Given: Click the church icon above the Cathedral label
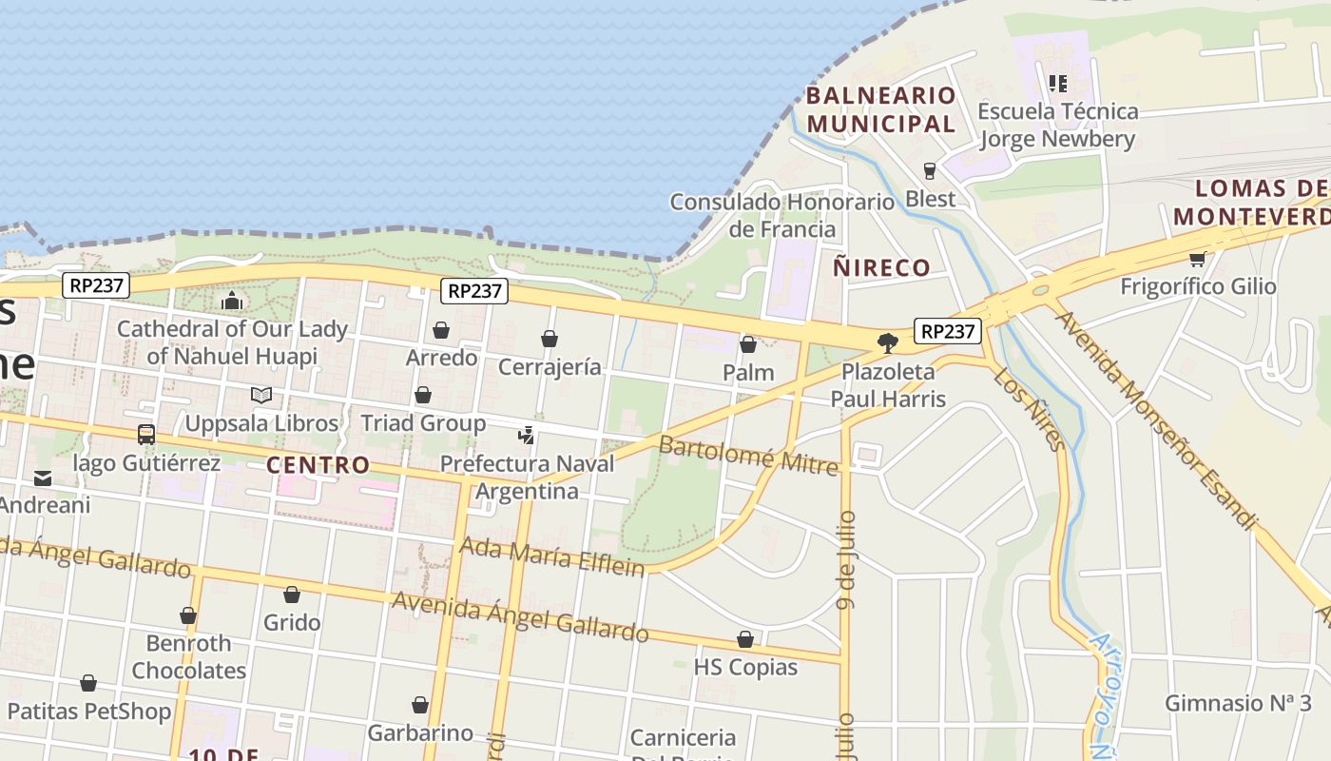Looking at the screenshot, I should tap(232, 302).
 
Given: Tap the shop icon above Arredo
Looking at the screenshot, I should tap(441, 330).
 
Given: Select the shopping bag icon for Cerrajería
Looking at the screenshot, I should tap(550, 339).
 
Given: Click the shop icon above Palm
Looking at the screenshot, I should tap(748, 344).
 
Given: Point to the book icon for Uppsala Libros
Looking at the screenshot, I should tap(261, 395).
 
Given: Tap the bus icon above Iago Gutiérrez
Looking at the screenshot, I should tap(146, 435).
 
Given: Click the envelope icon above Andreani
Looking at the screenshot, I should tap(43, 478).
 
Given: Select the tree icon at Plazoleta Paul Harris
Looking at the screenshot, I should tap(888, 342).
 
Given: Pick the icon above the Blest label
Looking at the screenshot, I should tap(930, 171).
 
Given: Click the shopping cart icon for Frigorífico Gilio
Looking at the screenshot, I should tap(1197, 259).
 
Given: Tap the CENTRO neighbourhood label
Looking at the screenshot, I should tap(318, 465).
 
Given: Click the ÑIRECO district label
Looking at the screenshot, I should tap(881, 267).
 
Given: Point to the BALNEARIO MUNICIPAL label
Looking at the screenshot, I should tap(881, 109).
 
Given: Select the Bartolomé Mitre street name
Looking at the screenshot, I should tap(749, 455).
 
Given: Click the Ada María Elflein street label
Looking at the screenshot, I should tap(552, 556).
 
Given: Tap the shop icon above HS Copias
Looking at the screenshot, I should tap(745, 639).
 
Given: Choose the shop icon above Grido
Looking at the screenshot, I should tap(292, 595).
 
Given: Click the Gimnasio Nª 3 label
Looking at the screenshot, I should tap(1238, 704).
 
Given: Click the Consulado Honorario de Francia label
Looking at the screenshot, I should tap(781, 216).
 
